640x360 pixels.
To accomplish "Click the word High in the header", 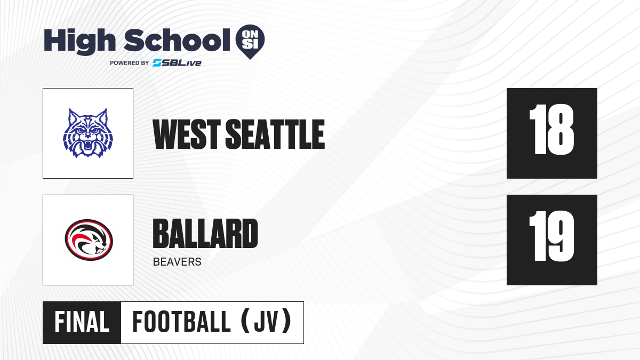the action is [x=79, y=41].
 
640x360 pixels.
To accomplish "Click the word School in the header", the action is [x=177, y=40].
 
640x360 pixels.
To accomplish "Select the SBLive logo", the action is [x=177, y=63].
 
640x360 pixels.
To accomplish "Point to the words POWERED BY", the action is [x=130, y=63].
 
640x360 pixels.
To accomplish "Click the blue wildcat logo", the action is [x=88, y=133].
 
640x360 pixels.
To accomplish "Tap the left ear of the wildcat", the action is [x=73, y=117].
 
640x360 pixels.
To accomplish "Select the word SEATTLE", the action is [x=275, y=134].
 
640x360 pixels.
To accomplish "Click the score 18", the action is [x=551, y=130].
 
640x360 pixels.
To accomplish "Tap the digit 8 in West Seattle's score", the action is [x=560, y=130].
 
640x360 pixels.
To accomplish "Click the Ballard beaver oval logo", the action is [x=89, y=240].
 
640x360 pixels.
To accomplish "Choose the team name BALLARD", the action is [x=205, y=234].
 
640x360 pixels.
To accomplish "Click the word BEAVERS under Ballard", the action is [x=177, y=262].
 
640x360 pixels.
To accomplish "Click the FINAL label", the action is [x=82, y=322].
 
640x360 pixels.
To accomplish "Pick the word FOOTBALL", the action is [x=181, y=322].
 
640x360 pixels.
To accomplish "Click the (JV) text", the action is [x=266, y=322].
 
